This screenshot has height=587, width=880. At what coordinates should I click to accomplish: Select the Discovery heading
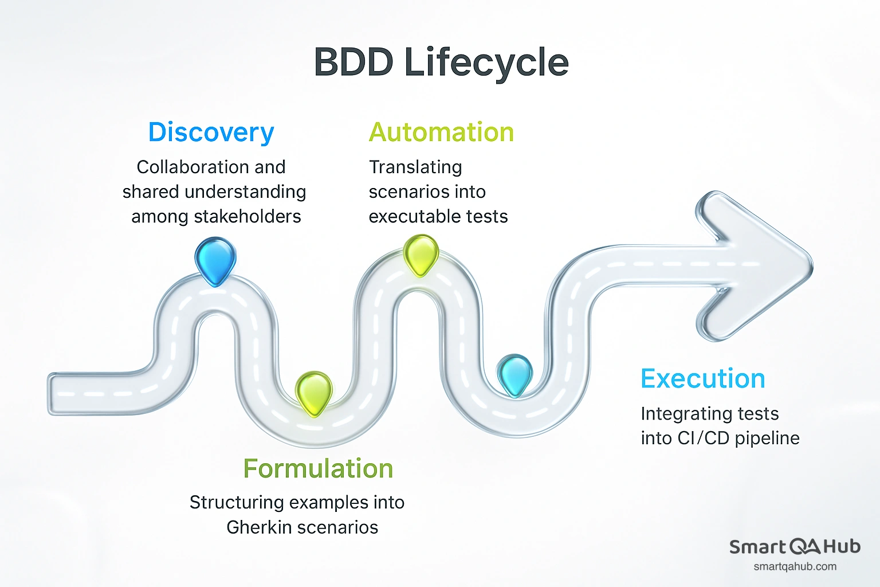(211, 132)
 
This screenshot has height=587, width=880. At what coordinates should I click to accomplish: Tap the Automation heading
(441, 132)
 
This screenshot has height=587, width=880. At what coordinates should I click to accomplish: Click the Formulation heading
(318, 468)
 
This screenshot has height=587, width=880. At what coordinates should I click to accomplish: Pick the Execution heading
(702, 379)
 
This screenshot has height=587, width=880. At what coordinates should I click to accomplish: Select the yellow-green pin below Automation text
(421, 255)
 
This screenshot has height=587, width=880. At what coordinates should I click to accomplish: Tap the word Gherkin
(258, 527)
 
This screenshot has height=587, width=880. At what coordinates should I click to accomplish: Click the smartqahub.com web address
(795, 567)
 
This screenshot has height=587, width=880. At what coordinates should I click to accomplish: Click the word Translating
(415, 167)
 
